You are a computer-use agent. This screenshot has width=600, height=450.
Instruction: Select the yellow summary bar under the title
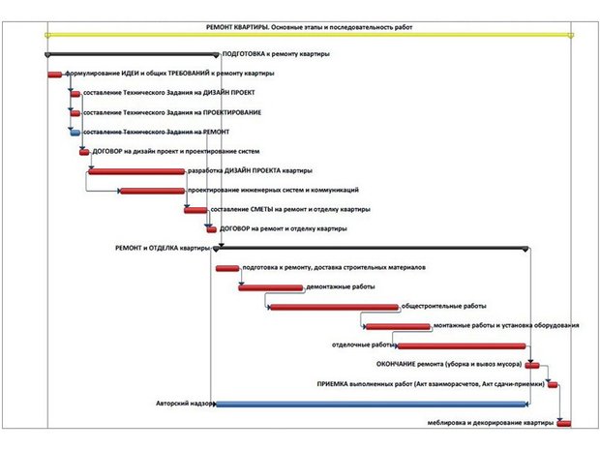[309, 35]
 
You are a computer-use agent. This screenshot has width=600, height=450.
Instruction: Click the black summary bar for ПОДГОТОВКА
[132, 55]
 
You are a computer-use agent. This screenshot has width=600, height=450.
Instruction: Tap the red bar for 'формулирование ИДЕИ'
[55, 75]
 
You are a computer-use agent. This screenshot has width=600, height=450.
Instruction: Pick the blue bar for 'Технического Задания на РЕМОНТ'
[75, 133]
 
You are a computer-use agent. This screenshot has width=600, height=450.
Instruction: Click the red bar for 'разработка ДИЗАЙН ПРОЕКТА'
[136, 171]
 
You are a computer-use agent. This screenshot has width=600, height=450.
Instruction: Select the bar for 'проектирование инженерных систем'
[153, 191]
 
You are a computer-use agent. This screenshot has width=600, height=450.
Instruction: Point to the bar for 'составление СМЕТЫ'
[195, 210]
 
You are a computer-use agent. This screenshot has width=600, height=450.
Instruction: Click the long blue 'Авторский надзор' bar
[372, 405]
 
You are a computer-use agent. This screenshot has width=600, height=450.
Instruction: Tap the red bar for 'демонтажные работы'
[271, 287]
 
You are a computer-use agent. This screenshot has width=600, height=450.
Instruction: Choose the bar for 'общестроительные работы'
[335, 307]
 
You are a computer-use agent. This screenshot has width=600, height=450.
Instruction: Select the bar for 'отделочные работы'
[462, 345]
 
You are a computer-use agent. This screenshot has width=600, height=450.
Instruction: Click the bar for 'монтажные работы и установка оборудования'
[398, 326]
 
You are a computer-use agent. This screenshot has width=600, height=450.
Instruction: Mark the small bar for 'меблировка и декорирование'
[564, 424]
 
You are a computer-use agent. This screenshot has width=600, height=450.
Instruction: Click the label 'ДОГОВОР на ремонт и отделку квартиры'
[284, 228]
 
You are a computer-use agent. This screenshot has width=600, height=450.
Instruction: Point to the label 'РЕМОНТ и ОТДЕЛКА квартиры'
[163, 248]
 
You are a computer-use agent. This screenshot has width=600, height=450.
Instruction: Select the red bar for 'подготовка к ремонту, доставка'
[227, 268]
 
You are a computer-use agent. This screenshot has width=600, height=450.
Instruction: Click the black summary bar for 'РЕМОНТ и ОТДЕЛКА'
[371, 249]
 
